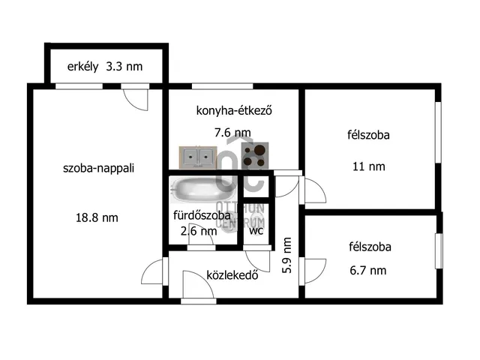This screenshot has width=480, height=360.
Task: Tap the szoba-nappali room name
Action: point(98,169)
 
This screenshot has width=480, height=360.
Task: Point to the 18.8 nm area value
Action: point(97,217)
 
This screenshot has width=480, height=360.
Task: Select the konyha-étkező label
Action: point(233,111)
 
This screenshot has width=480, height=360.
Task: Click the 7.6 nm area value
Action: point(232,133)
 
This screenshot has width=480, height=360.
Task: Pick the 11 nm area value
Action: point(368,166)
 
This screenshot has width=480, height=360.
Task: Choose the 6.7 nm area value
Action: point(368,270)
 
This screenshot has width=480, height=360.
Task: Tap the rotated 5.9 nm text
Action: point(286,254)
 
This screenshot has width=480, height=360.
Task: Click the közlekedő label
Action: point(232,274)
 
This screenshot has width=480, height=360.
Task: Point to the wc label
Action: point(256,230)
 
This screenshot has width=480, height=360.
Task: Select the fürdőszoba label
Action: point(202,215)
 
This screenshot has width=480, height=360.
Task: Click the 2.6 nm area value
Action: point(199,231)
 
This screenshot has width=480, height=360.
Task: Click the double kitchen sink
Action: point(197,157)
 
